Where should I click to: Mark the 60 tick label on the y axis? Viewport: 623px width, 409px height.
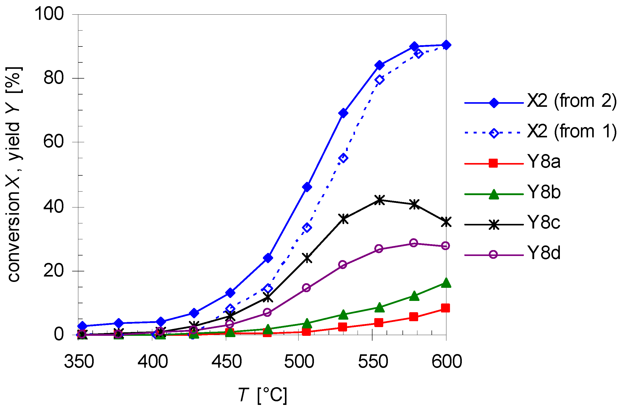53,142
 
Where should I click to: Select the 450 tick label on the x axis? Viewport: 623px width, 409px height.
227,362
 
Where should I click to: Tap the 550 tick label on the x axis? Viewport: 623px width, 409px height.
373,362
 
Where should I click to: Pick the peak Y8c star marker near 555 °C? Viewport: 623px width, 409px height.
380,200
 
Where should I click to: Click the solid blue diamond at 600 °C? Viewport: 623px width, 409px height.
446,45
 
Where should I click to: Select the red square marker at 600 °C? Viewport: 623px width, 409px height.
445,308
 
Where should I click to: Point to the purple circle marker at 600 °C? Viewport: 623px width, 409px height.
445,246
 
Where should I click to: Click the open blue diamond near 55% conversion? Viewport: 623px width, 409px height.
343,158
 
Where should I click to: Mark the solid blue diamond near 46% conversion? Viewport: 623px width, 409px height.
307,187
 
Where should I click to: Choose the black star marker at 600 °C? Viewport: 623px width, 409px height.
446,222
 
